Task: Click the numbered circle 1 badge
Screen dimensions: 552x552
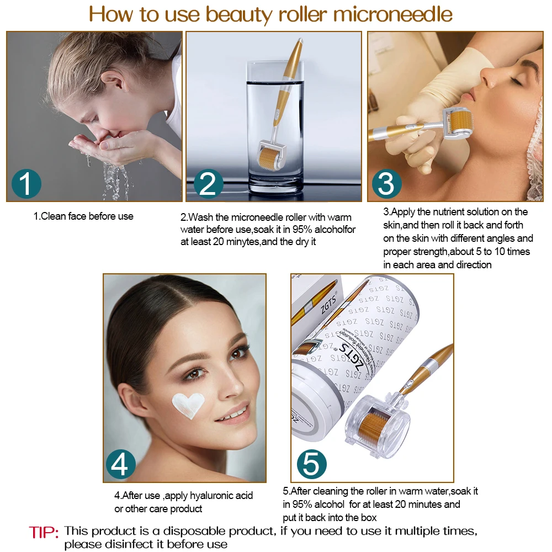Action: (x=26, y=183)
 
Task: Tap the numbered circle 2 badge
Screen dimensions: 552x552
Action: (x=208, y=184)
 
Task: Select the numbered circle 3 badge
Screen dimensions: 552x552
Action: (x=386, y=184)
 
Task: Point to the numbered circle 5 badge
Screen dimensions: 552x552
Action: (x=311, y=464)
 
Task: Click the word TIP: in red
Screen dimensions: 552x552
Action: (x=44, y=532)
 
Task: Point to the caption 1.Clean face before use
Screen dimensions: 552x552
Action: (x=83, y=216)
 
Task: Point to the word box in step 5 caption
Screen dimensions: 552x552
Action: (x=369, y=517)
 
